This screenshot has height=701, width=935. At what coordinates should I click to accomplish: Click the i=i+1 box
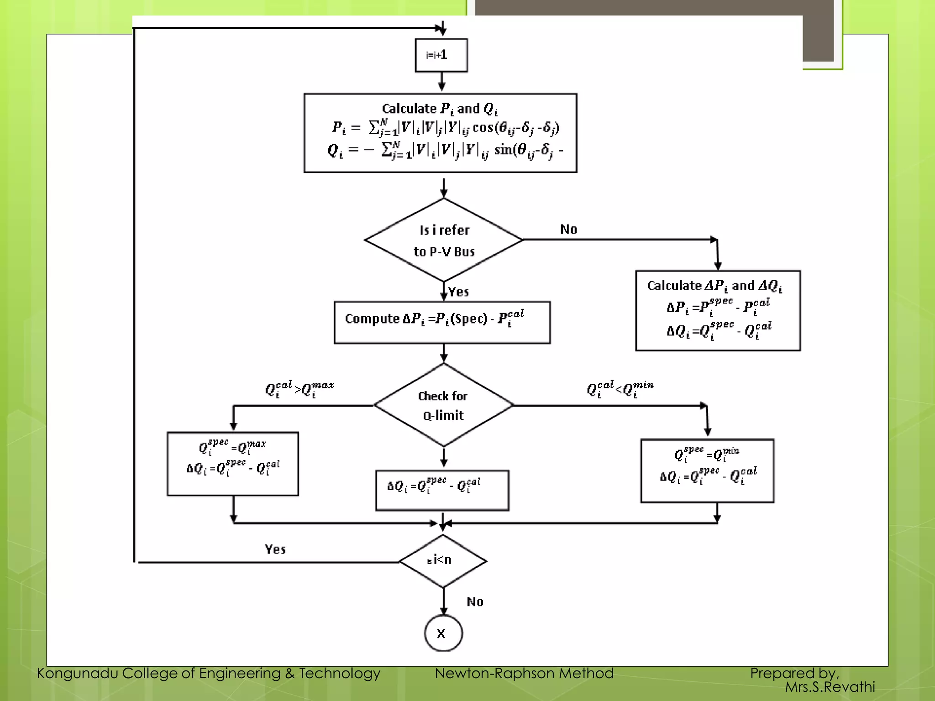pyautogui.click(x=441, y=55)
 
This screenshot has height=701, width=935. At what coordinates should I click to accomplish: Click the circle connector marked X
pyautogui.click(x=443, y=633)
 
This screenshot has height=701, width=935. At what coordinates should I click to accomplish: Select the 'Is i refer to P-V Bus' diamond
pyautogui.click(x=444, y=240)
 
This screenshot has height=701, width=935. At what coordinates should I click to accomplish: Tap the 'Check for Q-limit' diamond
pyautogui.click(x=443, y=405)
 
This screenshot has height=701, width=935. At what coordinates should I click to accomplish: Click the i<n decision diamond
pyautogui.click(x=443, y=560)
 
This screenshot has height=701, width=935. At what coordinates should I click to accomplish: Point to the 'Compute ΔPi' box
pyautogui.click(x=442, y=322)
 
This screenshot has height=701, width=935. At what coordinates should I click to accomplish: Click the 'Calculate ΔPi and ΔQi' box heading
pyautogui.click(x=714, y=286)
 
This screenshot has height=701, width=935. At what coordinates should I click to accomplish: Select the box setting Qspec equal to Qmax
pyautogui.click(x=233, y=464)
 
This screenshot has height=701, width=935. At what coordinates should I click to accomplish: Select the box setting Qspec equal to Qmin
pyautogui.click(x=707, y=471)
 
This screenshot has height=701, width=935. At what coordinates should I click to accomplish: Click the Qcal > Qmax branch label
pyautogui.click(x=299, y=389)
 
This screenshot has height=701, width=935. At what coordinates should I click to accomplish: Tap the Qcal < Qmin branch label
pyautogui.click(x=620, y=389)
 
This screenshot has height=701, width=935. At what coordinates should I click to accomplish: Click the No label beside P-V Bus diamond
pyautogui.click(x=568, y=229)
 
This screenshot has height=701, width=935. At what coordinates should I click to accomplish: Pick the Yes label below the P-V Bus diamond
pyautogui.click(x=458, y=292)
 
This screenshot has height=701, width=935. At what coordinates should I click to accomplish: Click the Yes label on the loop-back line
pyautogui.click(x=275, y=549)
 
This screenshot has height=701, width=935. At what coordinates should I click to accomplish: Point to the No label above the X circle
pyautogui.click(x=475, y=602)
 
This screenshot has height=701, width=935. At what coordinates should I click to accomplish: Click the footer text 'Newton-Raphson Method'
pyautogui.click(x=524, y=673)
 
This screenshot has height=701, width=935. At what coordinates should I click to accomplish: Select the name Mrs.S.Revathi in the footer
pyautogui.click(x=830, y=687)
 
